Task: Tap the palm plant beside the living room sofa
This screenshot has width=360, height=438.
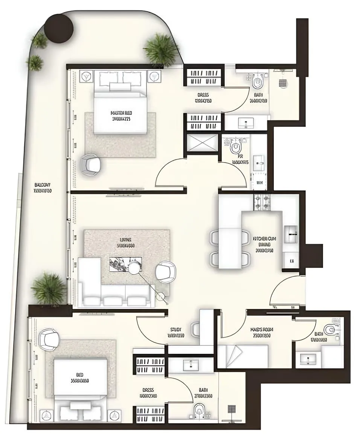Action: coord(49,288)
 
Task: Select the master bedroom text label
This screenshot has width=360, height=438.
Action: coord(121,116)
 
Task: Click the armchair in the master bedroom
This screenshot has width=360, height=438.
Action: coord(91,164)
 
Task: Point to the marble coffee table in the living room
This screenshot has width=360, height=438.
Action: coord(125,263)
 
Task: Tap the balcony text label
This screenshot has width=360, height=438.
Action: coord(42,187)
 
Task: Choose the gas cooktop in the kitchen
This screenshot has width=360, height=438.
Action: coord(262,202)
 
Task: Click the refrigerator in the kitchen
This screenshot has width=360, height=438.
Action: coord(290,234)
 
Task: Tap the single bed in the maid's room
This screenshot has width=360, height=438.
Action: coord(243,356)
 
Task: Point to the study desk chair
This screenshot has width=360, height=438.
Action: coord(195,329)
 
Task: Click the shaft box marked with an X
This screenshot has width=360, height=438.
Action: coord(203,143)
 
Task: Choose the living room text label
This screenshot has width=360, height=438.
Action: coord(126,243)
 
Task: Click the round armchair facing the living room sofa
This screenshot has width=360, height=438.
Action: coord(166,272)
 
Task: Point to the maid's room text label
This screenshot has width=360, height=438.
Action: coord(262,332)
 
